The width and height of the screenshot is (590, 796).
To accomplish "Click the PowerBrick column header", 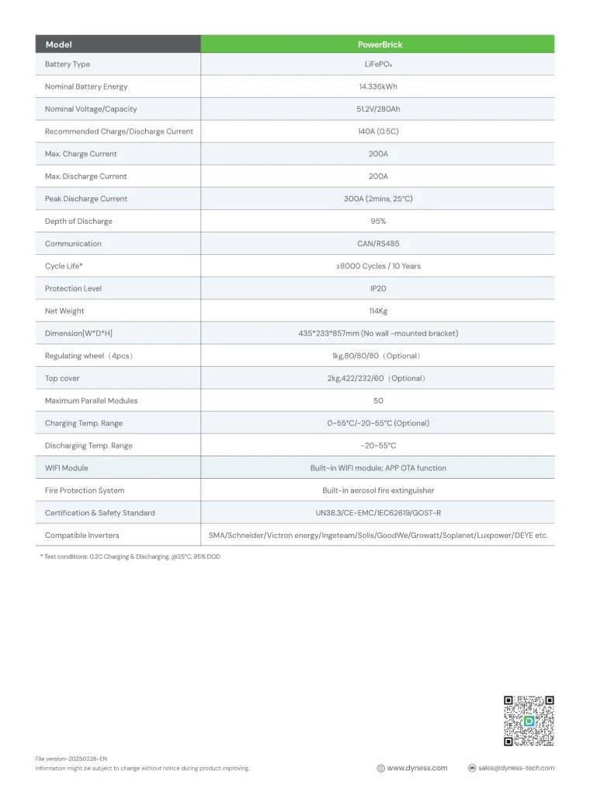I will pos(378,44).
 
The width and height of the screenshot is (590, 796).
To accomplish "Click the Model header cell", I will pos(58,44).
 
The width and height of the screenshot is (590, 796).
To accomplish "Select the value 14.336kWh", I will pos(378,86).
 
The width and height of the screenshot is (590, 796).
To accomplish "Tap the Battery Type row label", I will pos(68,65).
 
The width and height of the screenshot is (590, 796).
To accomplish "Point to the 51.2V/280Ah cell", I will pos(378,109).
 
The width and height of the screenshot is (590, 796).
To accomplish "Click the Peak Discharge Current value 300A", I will pos(378,199).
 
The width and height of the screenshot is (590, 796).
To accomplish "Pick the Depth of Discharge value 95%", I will pos(378,222).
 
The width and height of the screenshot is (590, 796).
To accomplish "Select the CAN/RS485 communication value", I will pos(378,244).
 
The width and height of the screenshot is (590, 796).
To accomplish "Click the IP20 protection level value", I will pos(378,288).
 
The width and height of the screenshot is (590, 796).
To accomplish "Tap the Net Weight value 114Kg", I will pos(378,311).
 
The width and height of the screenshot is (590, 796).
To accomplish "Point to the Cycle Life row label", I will pos(64,266).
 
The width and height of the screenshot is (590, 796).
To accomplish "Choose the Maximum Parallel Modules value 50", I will pos(378,401).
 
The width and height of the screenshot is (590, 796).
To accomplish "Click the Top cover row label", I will pos(62,379).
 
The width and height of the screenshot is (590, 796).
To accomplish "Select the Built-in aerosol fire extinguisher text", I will pos(378,491).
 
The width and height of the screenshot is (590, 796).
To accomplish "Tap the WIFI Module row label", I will pos(67,468).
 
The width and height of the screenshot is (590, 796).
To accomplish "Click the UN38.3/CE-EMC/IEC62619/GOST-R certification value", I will pos(378,513).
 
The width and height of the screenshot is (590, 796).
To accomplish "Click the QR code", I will pos(529,721).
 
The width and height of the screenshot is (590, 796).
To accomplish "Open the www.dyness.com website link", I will pos(417,768).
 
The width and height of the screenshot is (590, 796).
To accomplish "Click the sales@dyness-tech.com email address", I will pos(516,768).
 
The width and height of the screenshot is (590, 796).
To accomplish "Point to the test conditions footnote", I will pos(130,557).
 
